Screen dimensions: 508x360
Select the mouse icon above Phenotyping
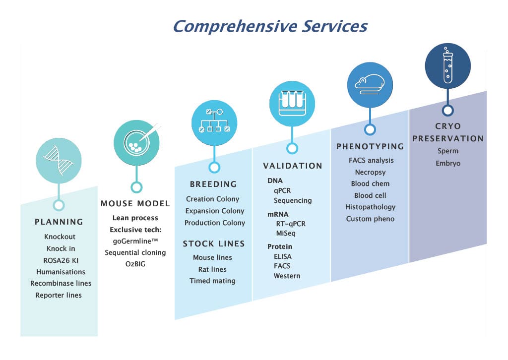[370, 85]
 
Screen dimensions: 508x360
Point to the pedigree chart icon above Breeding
[214, 122]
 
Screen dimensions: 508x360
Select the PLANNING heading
[59, 222]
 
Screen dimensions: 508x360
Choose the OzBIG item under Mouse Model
[135, 264]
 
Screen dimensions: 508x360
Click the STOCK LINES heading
[214, 243]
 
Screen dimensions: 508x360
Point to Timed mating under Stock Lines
[212, 281]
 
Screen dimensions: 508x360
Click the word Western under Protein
[287, 276]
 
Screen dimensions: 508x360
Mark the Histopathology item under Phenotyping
[370, 207]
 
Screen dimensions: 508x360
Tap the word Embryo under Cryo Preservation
[448, 163]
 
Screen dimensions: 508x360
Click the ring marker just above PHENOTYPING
[370, 130]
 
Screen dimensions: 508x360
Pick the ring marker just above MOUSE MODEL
[136, 187]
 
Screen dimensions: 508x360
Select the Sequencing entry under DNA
[293, 200]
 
